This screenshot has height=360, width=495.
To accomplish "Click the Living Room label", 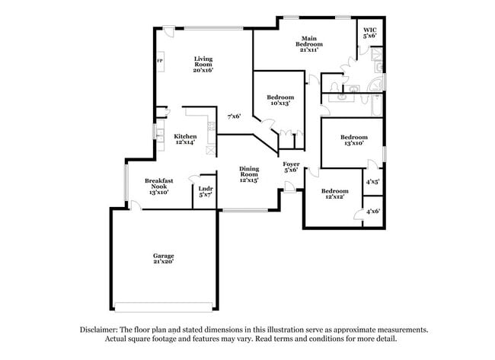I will [x=203, y=64].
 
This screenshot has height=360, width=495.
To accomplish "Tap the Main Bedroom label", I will [x=308, y=42].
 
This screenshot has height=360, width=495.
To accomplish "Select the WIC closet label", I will [x=370, y=33].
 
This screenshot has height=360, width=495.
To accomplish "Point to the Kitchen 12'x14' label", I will [x=185, y=139].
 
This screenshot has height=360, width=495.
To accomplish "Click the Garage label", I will [x=163, y=258].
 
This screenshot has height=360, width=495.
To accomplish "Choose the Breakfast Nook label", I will [x=160, y=186].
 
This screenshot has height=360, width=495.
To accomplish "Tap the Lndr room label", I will [x=205, y=191].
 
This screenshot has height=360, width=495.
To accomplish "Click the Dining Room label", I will [x=249, y=174].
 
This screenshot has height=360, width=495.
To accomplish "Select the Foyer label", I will [x=291, y=167].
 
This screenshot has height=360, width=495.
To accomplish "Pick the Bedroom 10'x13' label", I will [x=279, y=100].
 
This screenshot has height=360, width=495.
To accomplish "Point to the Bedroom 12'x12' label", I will [x=334, y=194].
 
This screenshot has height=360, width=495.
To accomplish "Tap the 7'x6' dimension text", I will [x=235, y=116].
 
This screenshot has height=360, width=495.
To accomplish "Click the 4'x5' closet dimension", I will [x=372, y=182].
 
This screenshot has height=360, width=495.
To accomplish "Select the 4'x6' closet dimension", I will [x=372, y=211].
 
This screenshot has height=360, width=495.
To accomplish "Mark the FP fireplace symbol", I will [x=159, y=62].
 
